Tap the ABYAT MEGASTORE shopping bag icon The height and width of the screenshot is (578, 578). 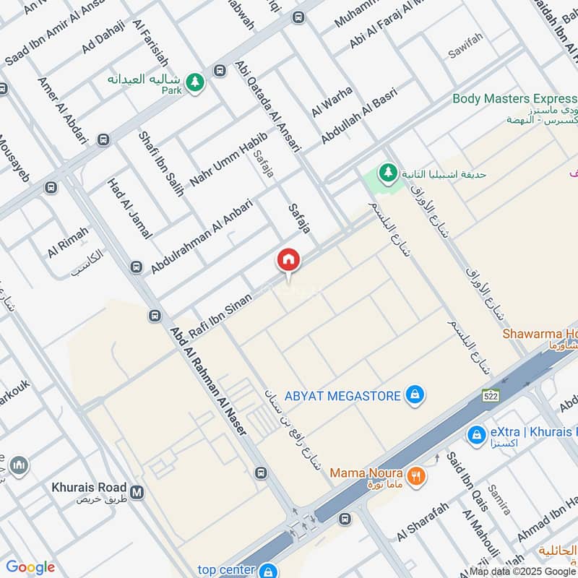[415, 394]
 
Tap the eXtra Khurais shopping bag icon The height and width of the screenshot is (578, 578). [475, 434]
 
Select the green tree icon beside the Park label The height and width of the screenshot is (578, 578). [194, 83]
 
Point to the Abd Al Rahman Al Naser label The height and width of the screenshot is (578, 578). [209, 381]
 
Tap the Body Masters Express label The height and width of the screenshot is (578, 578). [514, 98]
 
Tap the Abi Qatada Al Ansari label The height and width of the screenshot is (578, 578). [267, 105]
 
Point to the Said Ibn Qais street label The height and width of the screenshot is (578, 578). [467, 481]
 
